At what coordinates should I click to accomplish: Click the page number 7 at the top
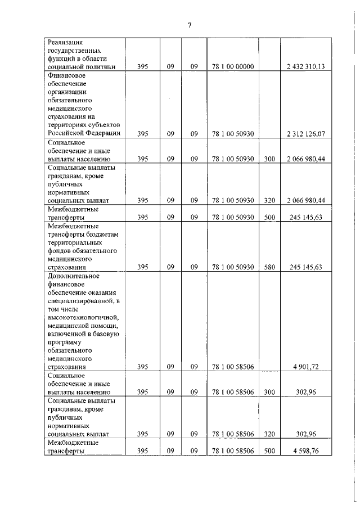(x=190, y=25)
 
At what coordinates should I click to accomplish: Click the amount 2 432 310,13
(x=309, y=67)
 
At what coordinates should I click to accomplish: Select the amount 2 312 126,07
(x=309, y=134)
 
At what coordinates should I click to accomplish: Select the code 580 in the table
(x=269, y=267)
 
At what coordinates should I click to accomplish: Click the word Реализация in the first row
(x=66, y=42)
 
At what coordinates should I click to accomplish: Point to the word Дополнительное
(x=74, y=276)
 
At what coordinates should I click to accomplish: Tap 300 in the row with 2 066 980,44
(x=269, y=159)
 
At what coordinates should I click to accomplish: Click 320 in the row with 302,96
(x=269, y=434)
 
